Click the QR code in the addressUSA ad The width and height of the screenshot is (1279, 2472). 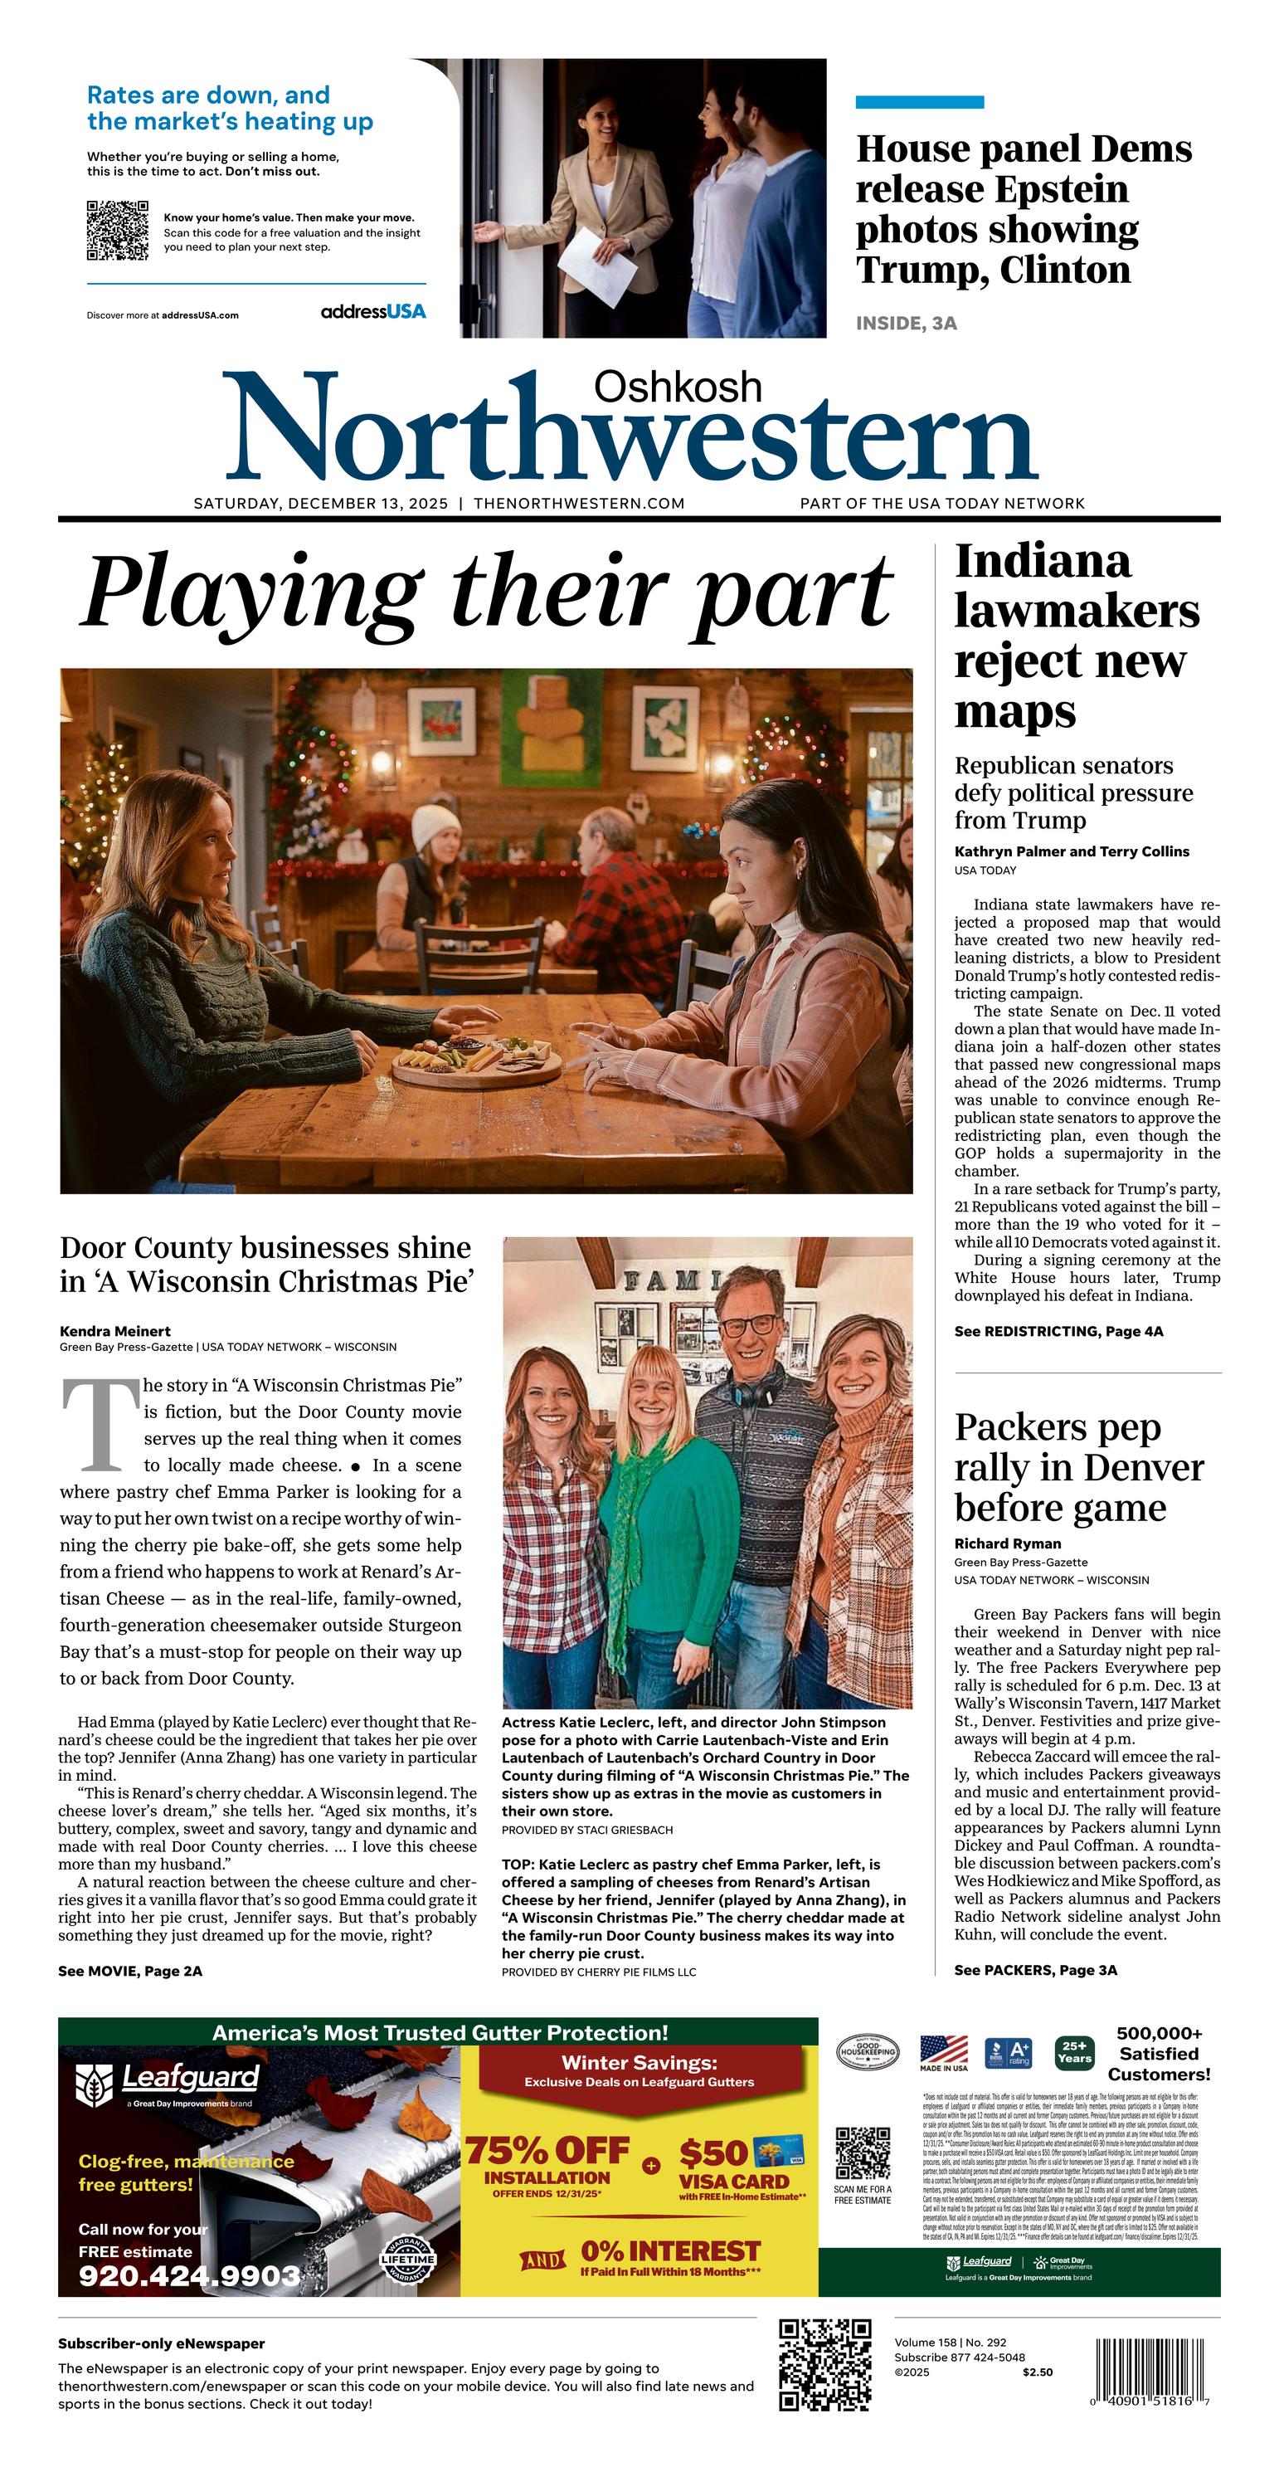(117, 231)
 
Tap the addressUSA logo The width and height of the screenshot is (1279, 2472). (373, 312)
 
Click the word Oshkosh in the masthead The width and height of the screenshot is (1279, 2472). (678, 387)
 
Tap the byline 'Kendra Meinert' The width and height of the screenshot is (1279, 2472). (115, 1331)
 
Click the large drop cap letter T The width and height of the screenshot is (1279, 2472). (100, 1425)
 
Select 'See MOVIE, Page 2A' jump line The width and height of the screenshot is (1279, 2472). (129, 1971)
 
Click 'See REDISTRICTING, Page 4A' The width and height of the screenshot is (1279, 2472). (1058, 1331)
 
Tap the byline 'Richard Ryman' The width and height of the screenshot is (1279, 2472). (1008, 1543)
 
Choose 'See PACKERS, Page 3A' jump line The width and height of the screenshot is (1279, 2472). (1035, 1970)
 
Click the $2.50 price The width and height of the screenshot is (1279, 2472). (1037, 2372)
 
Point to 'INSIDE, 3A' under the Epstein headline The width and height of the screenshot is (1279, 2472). (906, 324)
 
